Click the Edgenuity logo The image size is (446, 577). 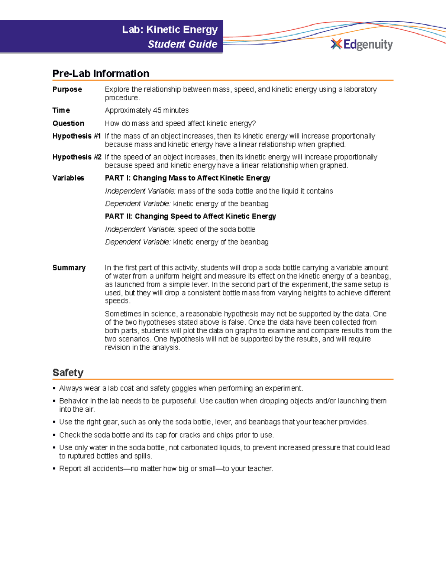pos(362,45)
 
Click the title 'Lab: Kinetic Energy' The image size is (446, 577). pos(169,30)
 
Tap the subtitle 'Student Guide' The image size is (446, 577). pos(182,44)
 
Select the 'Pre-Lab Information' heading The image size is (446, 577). pos(101,74)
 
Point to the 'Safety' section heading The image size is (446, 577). pos(68,373)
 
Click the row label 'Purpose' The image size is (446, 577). pos(67,89)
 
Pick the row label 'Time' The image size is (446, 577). pos(61,110)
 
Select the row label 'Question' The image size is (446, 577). pos(68,123)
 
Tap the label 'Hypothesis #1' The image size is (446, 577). pos(76,136)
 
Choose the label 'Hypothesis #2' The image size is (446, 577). pos(77,157)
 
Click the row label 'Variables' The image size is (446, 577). pos(68,178)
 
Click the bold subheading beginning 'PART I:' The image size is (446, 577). pos(187,178)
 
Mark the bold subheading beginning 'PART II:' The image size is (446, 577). pos(190,216)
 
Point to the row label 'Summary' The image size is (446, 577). pos(69,268)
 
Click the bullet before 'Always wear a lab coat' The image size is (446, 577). pos(54,389)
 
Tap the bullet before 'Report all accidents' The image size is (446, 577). pos(54,469)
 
